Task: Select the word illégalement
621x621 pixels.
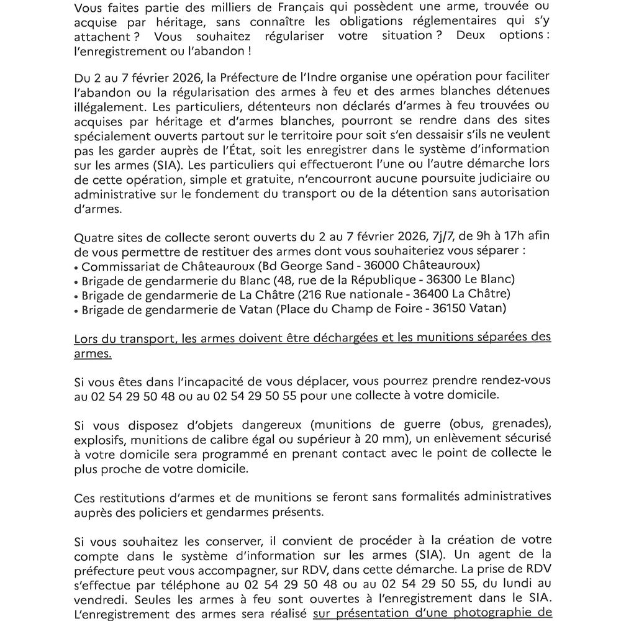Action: (109, 107)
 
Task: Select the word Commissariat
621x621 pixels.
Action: (120, 266)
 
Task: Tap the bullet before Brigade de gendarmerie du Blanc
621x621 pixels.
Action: (76, 281)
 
